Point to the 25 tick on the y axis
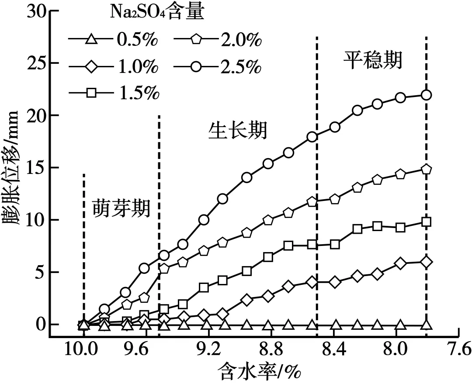click(37, 63)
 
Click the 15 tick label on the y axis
click(37, 168)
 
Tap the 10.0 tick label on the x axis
click(83, 349)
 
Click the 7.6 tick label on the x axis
click(458, 349)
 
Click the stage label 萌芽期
click(121, 209)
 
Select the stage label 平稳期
click(371, 61)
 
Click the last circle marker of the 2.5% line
click(427, 95)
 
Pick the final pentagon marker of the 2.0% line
click(427, 169)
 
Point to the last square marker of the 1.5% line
click(427, 222)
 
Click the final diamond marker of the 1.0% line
click(427, 262)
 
